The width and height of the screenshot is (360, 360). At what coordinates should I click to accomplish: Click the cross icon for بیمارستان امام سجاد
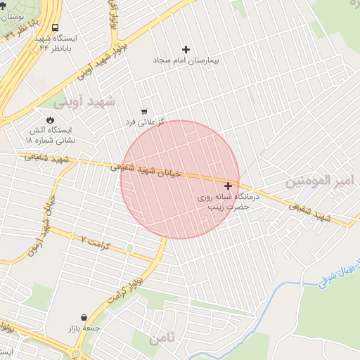pos(186,49)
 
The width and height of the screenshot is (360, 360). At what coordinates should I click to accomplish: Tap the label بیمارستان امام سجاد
pos(186,61)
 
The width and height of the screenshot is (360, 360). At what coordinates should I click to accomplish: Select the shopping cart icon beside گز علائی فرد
pos(144,112)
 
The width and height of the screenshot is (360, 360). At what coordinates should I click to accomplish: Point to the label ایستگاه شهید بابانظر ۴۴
pos(59,42)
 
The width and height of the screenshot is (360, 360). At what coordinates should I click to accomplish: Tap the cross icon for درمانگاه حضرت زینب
pos(228,186)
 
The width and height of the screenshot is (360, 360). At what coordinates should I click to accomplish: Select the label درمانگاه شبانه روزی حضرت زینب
pos(227,202)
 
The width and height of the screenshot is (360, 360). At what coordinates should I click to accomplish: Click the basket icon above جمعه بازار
pos(84,318)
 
